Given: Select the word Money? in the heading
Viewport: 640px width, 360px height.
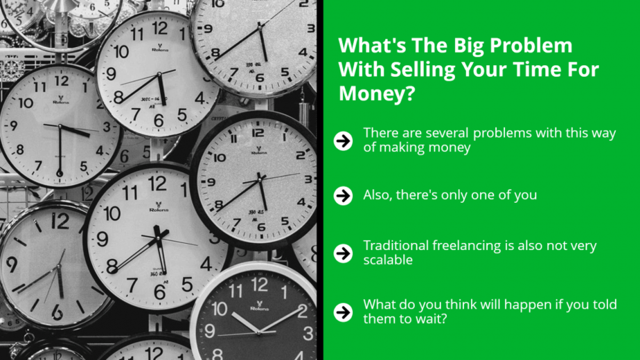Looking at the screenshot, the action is coord(377,93).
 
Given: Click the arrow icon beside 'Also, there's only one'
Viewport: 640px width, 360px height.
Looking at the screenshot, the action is coord(343,195).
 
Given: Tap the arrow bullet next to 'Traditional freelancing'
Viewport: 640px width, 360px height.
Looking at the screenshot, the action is coord(343,253).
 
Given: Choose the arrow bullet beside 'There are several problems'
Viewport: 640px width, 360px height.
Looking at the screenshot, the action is coord(343,141).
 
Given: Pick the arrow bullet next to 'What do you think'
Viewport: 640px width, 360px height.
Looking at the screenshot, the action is coord(343,312).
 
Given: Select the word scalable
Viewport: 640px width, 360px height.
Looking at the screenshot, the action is coord(388,260).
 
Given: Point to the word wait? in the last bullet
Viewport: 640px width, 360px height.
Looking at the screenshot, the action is coord(431,318).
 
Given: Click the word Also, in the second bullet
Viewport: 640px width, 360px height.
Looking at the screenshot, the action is coord(378,195).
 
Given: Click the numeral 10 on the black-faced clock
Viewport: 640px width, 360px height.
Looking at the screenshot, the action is coord(220,309).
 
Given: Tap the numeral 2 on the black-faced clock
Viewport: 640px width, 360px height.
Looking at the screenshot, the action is coord(303,311).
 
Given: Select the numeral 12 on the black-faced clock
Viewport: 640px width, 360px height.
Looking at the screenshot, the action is coord(260,285).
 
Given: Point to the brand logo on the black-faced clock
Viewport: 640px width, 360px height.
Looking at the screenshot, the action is coord(260,306).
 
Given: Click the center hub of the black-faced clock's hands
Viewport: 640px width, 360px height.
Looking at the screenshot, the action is coord(259,332).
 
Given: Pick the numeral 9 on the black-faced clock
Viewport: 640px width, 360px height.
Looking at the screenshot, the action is coord(210,331).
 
